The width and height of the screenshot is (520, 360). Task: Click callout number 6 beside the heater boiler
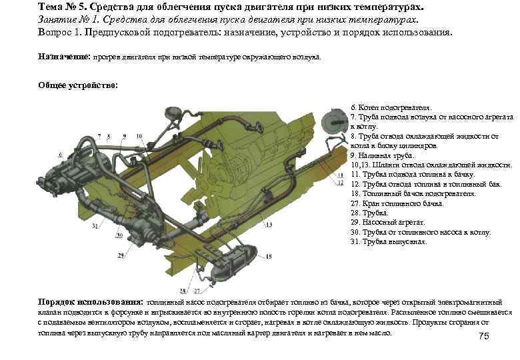click(x=60, y=154)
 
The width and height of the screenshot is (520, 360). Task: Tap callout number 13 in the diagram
click(x=269, y=225)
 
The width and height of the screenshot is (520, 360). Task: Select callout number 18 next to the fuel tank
click(x=269, y=256)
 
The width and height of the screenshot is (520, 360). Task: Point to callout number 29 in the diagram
click(x=121, y=255)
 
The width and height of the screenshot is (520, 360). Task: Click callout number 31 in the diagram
click(x=95, y=227)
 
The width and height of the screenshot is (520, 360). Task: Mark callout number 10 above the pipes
click(x=139, y=136)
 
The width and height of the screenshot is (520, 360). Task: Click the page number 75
click(x=484, y=336)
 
